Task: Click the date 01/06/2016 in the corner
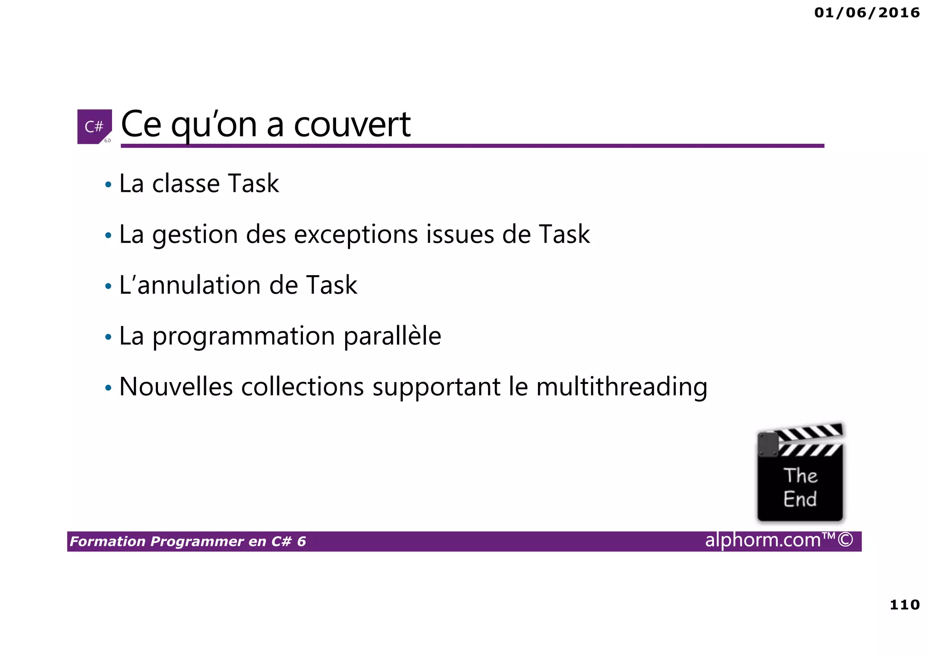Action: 866,13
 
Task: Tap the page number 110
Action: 905,604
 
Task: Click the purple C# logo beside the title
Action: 94,126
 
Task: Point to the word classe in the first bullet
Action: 186,184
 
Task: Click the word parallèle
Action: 392,336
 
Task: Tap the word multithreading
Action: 621,388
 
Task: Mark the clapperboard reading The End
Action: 800,473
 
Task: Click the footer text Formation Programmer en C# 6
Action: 188,541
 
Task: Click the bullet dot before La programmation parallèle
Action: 108,337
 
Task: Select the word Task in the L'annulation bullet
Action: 331,285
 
